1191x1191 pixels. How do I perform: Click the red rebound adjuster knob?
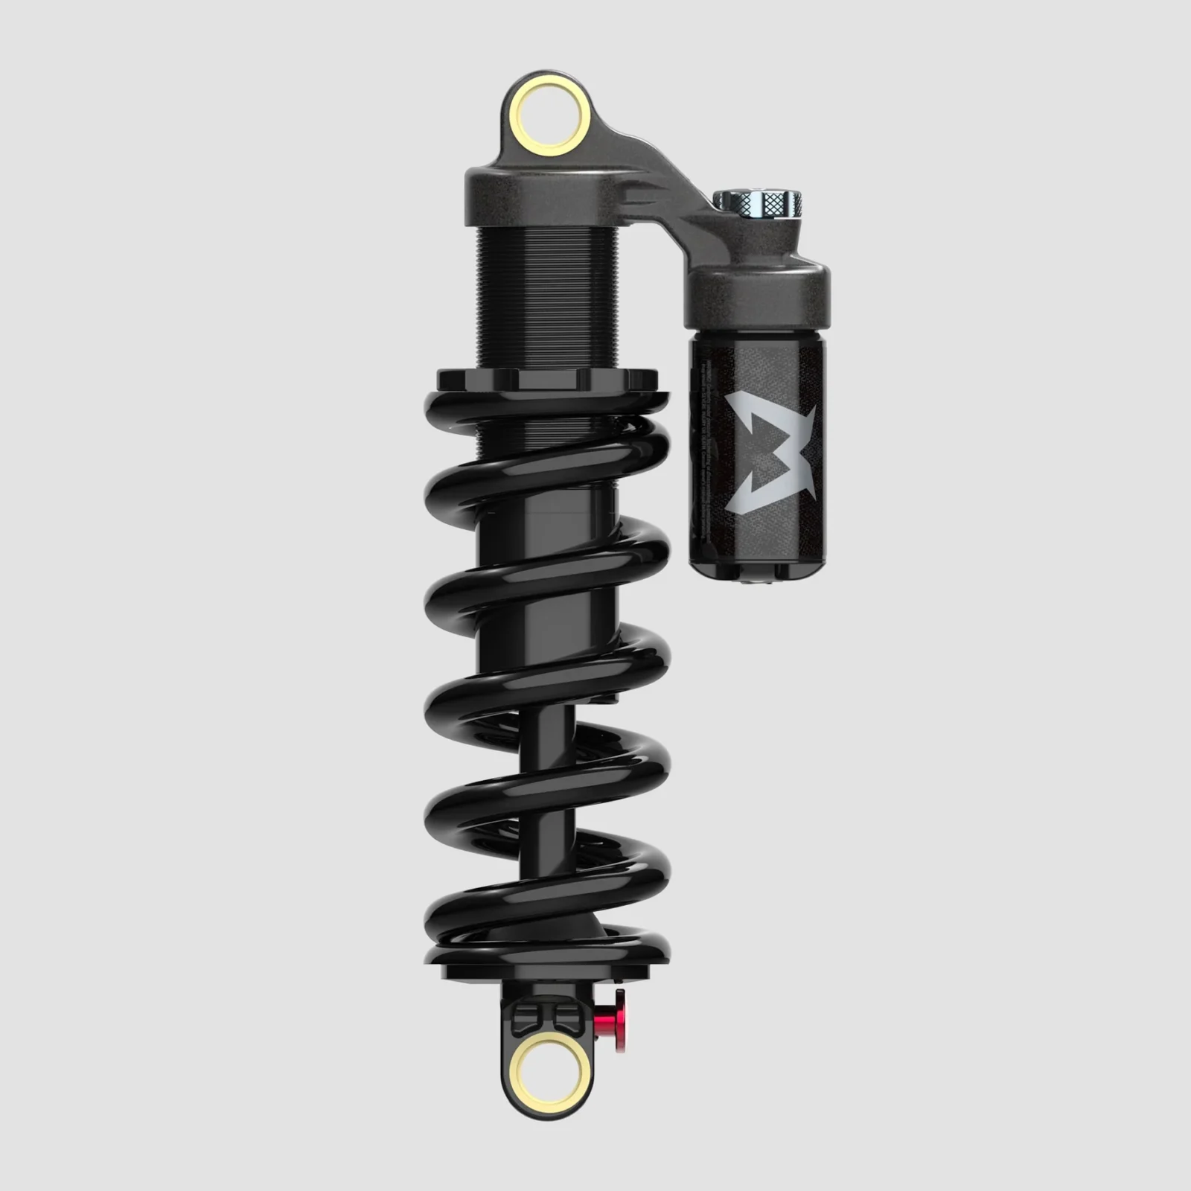point(615,1017)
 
